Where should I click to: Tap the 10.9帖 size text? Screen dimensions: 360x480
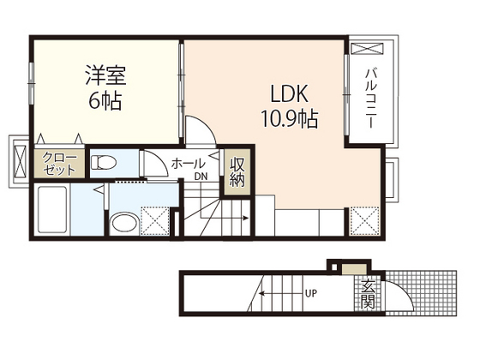click(289, 117)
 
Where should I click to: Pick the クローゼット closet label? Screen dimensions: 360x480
click(58, 163)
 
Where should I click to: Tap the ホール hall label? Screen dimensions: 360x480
click(189, 163)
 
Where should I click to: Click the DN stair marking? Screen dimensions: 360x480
click(200, 177)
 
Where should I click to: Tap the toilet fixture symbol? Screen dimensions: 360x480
click(105, 160)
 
